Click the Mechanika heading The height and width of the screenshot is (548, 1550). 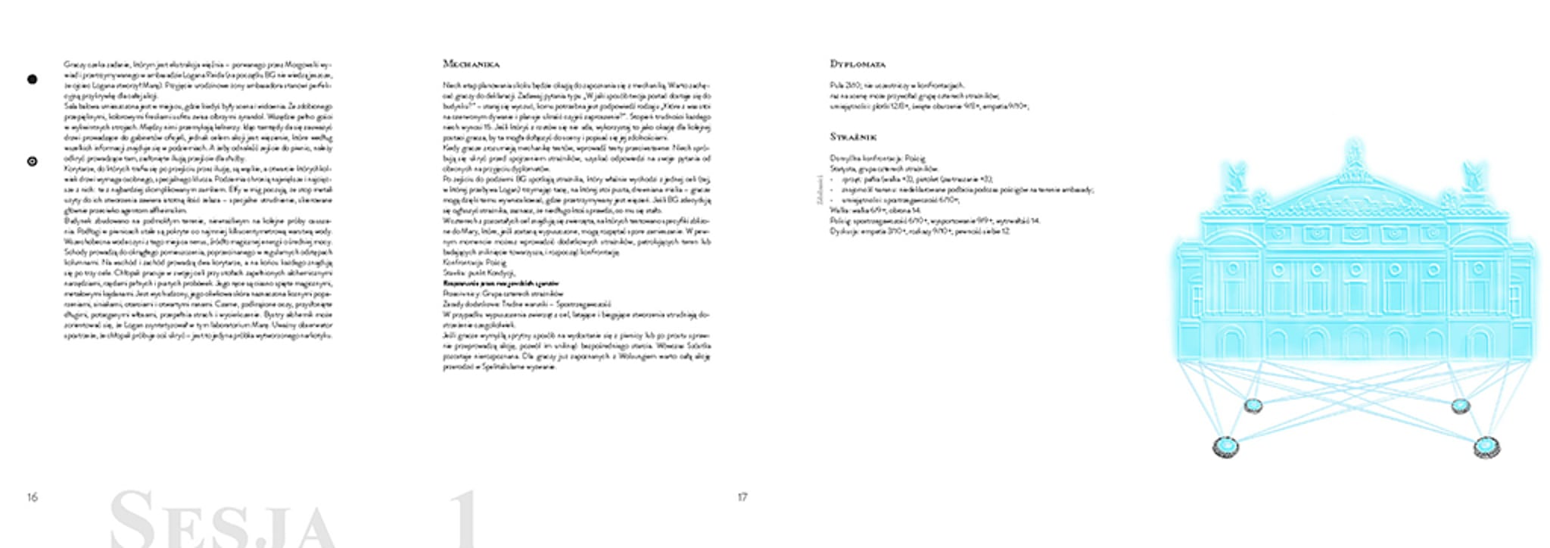(x=471, y=64)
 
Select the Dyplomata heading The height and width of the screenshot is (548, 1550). (x=857, y=64)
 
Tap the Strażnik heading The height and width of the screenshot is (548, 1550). (x=853, y=137)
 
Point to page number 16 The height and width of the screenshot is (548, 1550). (x=32, y=497)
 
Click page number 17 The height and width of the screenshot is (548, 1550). (x=742, y=497)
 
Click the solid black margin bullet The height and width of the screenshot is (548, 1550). (x=32, y=79)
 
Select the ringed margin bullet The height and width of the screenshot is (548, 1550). (x=32, y=161)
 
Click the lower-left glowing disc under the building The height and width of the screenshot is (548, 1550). (x=1225, y=447)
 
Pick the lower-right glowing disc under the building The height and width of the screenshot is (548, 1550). (x=1486, y=447)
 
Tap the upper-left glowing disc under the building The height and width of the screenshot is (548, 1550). (x=1253, y=406)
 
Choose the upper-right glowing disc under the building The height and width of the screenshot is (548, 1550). (x=1460, y=406)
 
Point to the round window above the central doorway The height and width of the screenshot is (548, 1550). (x=1354, y=269)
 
